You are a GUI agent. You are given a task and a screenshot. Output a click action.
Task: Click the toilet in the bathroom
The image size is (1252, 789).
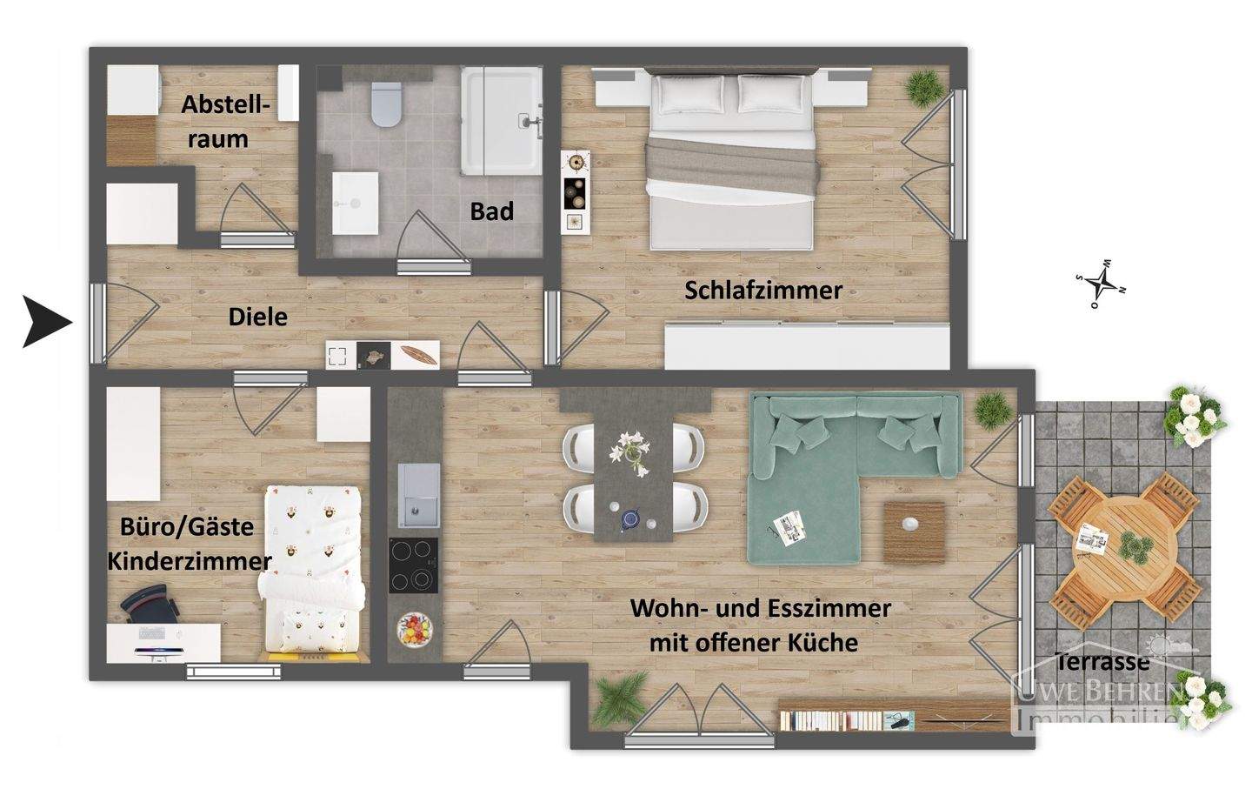click(x=383, y=104)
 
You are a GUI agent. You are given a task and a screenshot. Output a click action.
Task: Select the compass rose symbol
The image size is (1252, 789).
click(x=1102, y=283)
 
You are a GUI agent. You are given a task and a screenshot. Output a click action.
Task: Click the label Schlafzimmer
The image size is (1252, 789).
click(x=763, y=291)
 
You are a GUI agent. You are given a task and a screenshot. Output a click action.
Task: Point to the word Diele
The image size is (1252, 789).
click(x=257, y=317)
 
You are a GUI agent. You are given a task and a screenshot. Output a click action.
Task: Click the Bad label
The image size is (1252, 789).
click(x=492, y=211)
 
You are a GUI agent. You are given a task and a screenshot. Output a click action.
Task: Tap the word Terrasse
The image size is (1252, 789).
click(x=1102, y=662)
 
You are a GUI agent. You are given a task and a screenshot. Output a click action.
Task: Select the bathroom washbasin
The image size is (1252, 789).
click(x=355, y=202)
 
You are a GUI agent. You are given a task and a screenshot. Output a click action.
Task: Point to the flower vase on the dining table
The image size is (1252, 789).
click(x=632, y=451)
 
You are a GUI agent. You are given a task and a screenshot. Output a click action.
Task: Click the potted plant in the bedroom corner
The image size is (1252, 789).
click(x=923, y=86)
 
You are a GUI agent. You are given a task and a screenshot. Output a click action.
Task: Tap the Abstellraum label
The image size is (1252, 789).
click(x=226, y=122)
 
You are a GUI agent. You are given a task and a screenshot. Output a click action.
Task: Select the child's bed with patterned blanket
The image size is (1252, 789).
click(x=313, y=570)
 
